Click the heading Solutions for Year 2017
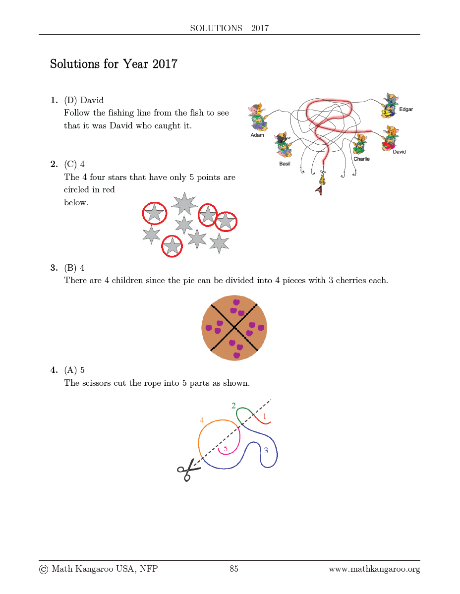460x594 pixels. click(114, 64)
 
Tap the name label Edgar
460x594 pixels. click(405, 109)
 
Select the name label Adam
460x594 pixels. click(257, 135)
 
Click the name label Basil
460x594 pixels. click(285, 164)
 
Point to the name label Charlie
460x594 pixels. click(361, 159)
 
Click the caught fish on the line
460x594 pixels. click(321, 185)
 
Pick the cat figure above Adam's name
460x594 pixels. click(258, 117)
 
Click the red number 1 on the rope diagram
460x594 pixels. click(265, 416)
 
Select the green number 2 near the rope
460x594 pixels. click(233, 406)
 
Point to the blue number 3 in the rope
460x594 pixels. click(266, 450)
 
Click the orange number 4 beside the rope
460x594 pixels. click(202, 420)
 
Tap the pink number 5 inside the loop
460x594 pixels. click(226, 448)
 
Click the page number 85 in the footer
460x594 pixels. click(234, 569)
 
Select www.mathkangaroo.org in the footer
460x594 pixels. click(374, 569)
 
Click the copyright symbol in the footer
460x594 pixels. click(44, 569)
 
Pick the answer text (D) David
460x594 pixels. click(84, 100)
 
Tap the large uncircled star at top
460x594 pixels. click(184, 203)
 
